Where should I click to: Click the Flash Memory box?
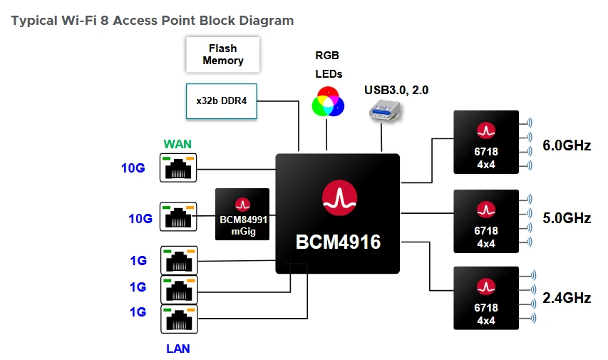pos(222,55)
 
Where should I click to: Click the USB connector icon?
pos(386,113)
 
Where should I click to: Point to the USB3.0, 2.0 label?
pos(396,90)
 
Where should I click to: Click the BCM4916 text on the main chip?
pos(338,242)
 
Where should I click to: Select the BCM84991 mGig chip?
pos(242,214)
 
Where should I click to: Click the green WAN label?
pos(177,144)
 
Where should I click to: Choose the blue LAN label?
pos(177,349)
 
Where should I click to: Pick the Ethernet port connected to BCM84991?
pos(178,216)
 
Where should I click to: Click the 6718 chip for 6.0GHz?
pos(486,141)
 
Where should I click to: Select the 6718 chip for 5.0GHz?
pos(486,221)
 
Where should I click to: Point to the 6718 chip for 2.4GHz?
pos(486,297)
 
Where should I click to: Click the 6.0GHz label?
pos(567,145)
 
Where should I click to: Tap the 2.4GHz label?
pos(567,298)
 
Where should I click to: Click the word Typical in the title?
pos(33,21)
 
